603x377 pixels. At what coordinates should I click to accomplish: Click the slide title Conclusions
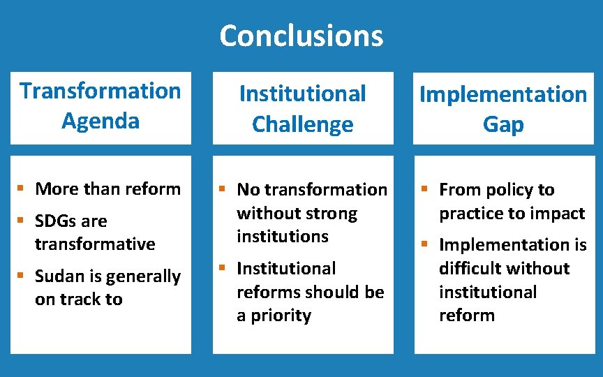pyautogui.click(x=301, y=36)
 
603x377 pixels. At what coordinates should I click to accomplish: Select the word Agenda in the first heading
pyautogui.click(x=100, y=121)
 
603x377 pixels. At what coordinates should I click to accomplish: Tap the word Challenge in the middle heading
pyautogui.click(x=302, y=124)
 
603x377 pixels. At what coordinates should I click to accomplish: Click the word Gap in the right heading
pyautogui.click(x=502, y=124)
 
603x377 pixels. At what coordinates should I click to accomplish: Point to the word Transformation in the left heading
pyautogui.click(x=100, y=91)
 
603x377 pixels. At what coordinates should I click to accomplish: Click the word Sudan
pyautogui.click(x=58, y=276)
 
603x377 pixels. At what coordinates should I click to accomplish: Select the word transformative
pyautogui.click(x=95, y=244)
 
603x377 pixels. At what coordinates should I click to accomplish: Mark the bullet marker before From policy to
pyautogui.click(x=423, y=188)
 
